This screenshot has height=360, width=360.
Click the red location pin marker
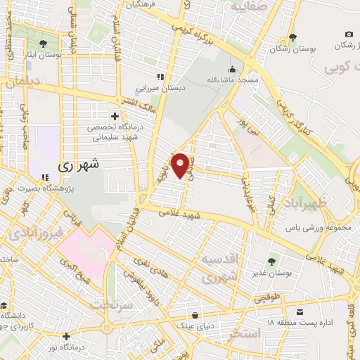click(181, 165)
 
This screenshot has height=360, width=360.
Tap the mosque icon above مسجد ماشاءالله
click(231, 70)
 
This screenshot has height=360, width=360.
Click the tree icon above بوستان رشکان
click(293, 39)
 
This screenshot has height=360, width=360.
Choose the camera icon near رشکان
click(349, 34)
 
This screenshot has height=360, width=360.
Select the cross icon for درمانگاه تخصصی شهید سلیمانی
click(115, 116)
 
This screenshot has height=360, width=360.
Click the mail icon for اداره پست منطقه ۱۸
click(301, 311)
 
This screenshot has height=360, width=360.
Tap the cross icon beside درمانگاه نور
click(66, 336)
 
